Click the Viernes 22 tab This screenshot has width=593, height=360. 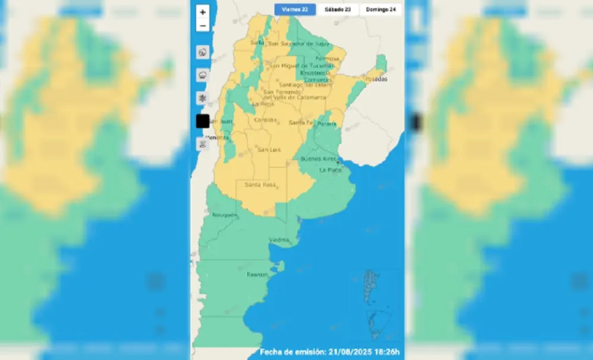[295, 9]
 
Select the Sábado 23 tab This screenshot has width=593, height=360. [338, 9]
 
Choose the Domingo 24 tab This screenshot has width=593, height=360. [381, 9]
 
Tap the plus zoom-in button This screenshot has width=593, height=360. [203, 12]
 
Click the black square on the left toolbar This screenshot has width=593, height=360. [202, 120]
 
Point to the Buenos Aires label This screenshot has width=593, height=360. [319, 159]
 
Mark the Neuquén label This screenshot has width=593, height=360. [224, 215]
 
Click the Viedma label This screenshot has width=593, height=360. [279, 240]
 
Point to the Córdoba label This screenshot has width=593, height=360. [265, 120]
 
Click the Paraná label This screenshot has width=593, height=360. [326, 124]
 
